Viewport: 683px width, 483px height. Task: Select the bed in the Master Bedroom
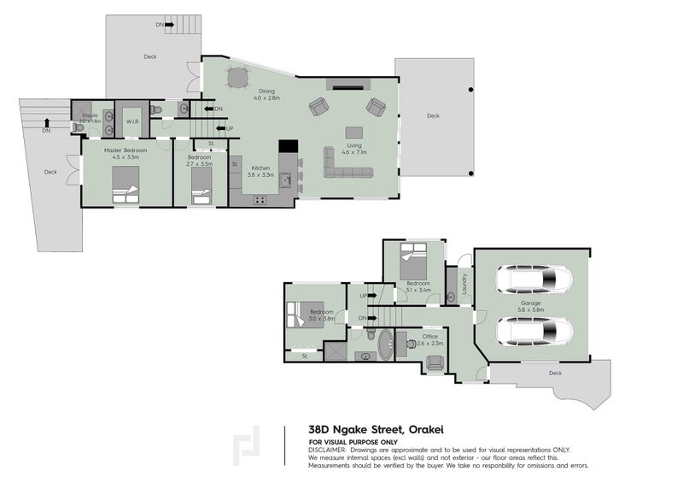tap(126, 185)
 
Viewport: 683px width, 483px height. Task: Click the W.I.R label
tap(132, 122)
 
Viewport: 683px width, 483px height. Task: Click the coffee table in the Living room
tap(353, 133)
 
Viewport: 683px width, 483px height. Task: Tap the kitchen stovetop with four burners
tap(259, 200)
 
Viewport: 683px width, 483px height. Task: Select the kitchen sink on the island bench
tap(288, 180)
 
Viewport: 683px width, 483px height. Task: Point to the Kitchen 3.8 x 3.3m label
tap(260, 171)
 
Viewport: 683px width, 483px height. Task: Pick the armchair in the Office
tap(435, 362)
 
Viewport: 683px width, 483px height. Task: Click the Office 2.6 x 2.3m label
tap(429, 339)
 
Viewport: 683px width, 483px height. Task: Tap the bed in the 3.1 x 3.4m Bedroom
tap(415, 257)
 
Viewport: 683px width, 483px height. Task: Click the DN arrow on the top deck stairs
tap(160, 25)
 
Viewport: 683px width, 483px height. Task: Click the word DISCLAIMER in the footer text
tap(329, 450)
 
